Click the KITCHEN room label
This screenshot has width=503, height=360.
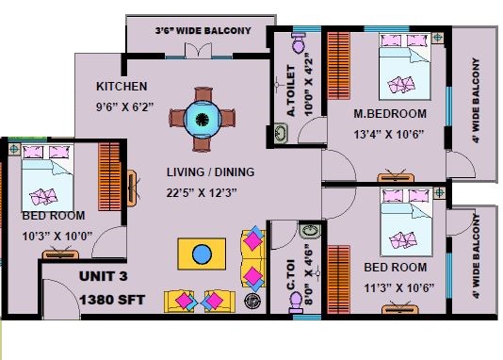point(122,87)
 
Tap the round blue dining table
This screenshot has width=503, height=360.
point(203,120)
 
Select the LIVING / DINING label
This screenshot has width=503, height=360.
point(210,172)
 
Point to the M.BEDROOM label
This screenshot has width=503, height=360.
point(390,114)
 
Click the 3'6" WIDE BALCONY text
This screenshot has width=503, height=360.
point(203,31)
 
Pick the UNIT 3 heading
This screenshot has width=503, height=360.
point(104,276)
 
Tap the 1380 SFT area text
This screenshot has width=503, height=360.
point(112,300)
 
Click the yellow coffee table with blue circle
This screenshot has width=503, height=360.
point(202,254)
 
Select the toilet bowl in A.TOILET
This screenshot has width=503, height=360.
point(299,41)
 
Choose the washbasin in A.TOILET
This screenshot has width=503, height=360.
point(281,133)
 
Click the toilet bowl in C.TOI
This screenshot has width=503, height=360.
point(296,303)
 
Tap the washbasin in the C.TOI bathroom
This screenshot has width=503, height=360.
point(310,231)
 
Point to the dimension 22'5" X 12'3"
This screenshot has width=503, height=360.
point(202,193)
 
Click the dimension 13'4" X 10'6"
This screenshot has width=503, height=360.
point(389,134)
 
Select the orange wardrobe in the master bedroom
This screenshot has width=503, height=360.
point(339,65)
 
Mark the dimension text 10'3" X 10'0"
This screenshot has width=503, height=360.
point(57,237)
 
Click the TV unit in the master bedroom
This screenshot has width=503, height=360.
point(396,176)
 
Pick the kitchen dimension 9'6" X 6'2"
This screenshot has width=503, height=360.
point(124,106)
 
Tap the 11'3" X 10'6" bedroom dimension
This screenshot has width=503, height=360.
point(399,288)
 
